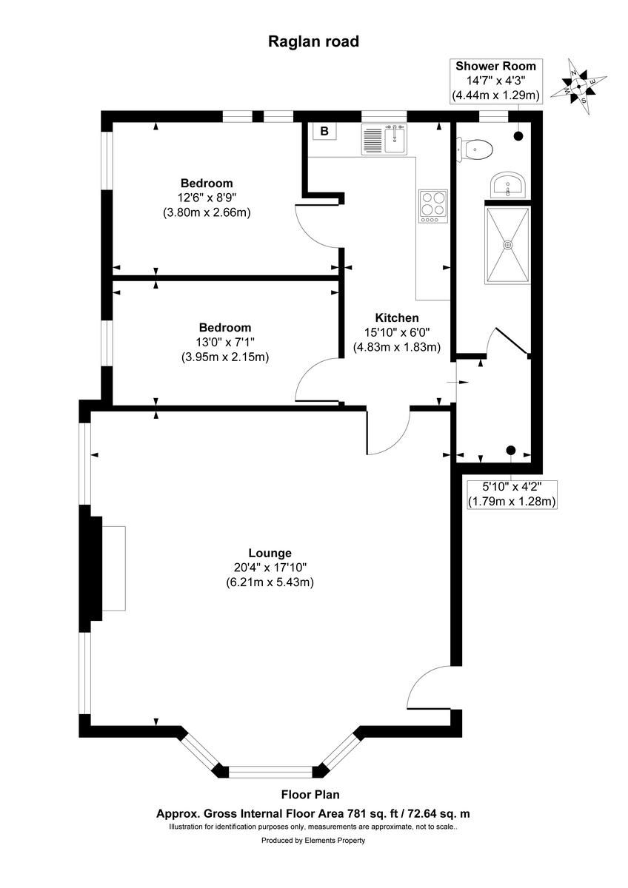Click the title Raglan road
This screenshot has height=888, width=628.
click(313, 41)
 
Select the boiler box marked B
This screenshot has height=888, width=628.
click(324, 132)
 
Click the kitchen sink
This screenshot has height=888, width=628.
click(384, 139)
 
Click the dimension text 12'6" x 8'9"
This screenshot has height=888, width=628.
click(207, 198)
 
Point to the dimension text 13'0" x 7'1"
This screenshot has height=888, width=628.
click(224, 342)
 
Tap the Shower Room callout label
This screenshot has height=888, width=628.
click(495, 67)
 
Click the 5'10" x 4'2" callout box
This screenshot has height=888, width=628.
click(511, 494)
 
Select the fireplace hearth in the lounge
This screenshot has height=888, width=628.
click(113, 568)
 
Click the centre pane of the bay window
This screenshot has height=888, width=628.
click(270, 772)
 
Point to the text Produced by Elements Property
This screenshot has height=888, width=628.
click(313, 841)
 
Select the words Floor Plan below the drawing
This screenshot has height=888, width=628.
click(310, 795)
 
